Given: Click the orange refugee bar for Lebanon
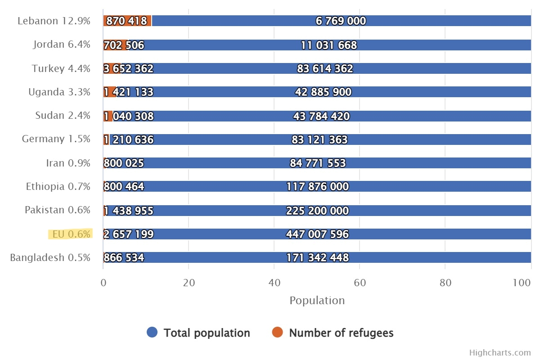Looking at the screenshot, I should (127, 21).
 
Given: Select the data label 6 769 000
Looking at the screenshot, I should (341, 21).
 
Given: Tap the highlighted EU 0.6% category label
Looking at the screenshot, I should (71, 234).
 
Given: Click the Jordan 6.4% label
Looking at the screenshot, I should (61, 45).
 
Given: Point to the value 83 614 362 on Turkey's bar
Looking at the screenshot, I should (325, 69).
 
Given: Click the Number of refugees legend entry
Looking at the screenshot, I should (341, 333).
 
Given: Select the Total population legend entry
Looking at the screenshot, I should (207, 333).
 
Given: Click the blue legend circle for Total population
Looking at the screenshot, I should (152, 333).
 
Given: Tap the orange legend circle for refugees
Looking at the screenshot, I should (278, 333).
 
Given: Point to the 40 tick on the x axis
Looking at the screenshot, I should (274, 283).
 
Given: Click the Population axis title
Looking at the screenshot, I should (317, 301).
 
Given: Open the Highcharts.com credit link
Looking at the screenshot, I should (500, 353).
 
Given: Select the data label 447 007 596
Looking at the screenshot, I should (317, 234).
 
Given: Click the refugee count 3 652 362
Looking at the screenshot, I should (128, 69).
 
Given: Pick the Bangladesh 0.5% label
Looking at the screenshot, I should (50, 258).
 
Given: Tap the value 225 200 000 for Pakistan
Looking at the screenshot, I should (317, 211).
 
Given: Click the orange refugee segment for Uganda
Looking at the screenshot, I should (109, 92).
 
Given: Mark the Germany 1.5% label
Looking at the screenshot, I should (56, 139).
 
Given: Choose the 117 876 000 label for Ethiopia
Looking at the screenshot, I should (317, 187).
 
